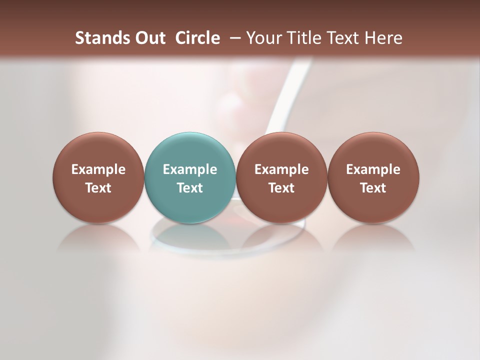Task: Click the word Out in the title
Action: click(x=148, y=38)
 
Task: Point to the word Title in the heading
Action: click(x=303, y=38)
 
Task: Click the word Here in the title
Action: click(x=382, y=38)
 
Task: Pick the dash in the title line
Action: click(x=233, y=38)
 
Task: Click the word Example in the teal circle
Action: click(x=190, y=169)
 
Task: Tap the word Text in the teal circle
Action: click(x=190, y=188)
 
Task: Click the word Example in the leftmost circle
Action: click(x=98, y=169)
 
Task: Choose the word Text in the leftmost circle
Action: click(x=98, y=188)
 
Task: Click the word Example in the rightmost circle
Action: click(x=373, y=169)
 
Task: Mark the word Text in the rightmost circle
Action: click(x=373, y=188)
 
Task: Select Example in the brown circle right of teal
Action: click(x=281, y=169)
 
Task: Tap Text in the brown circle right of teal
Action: click(x=281, y=188)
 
